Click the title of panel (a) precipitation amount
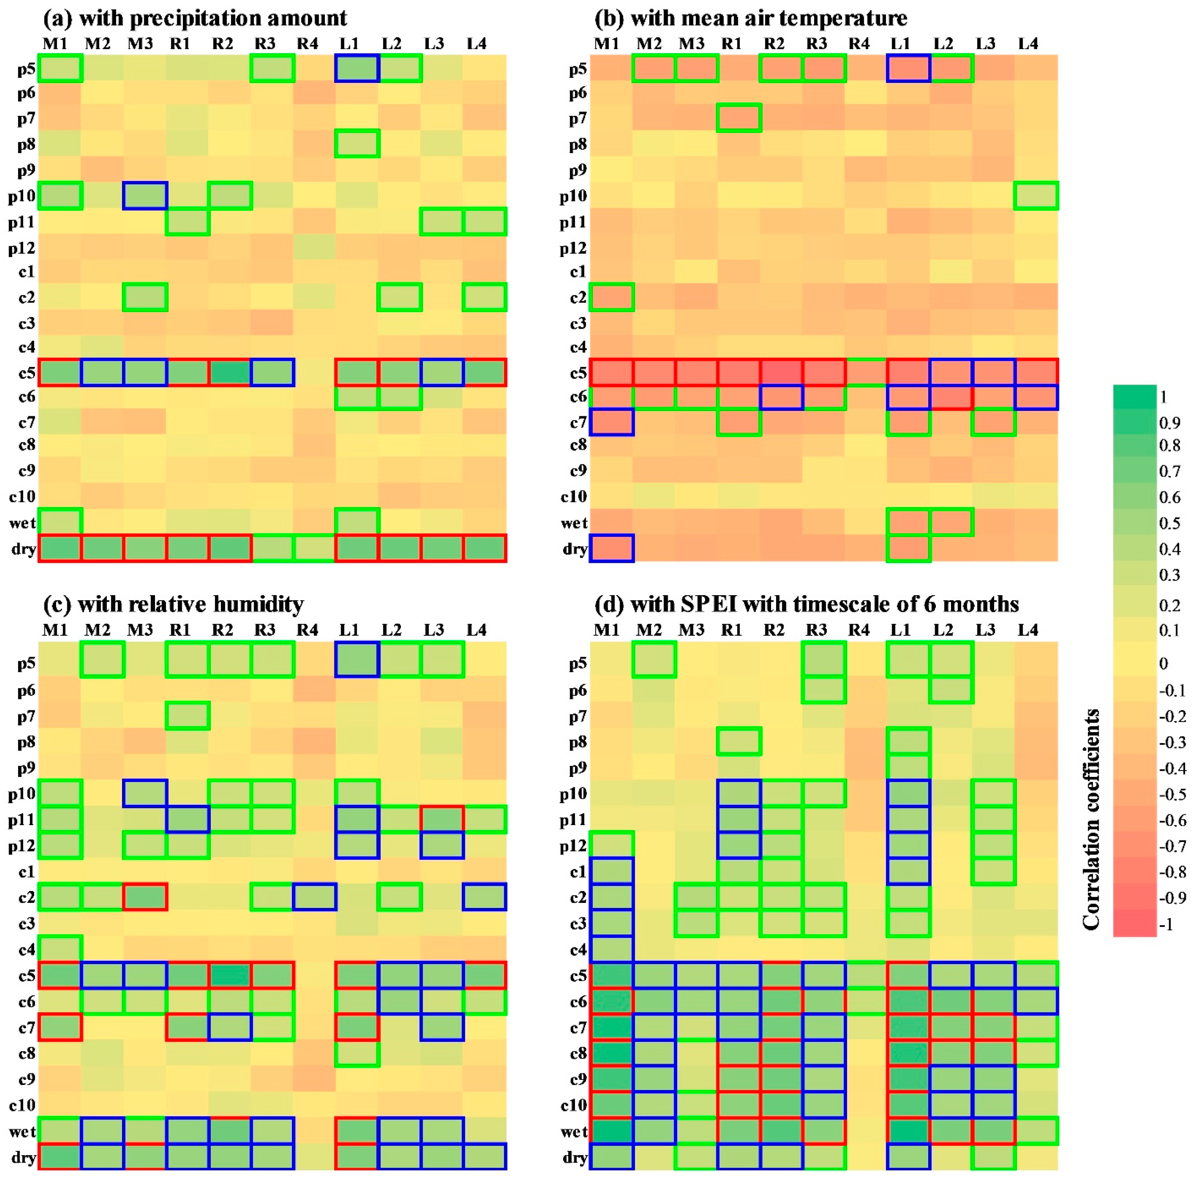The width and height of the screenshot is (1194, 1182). (x=195, y=18)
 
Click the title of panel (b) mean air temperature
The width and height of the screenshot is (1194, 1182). (x=750, y=18)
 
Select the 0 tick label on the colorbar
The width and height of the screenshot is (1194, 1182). (x=1164, y=664)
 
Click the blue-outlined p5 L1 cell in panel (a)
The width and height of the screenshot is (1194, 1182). (x=357, y=68)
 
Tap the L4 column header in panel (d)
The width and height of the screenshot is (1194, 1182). (x=1028, y=630)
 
